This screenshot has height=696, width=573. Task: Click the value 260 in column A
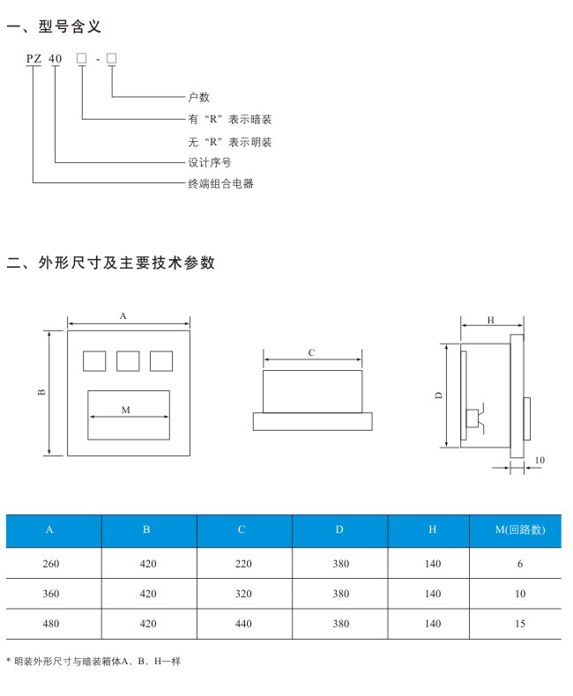[50, 564]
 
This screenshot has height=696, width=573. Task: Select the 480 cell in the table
[50, 624]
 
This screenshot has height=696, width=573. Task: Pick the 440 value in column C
[243, 624]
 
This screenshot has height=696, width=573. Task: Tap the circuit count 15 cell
[520, 624]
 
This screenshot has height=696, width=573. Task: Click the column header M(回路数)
[520, 529]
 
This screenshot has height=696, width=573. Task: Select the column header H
[432, 529]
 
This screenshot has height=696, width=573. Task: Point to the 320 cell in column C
[243, 594]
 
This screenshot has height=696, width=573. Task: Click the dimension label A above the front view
[123, 316]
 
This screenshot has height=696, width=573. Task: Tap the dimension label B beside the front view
[41, 392]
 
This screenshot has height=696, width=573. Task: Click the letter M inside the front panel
[126, 410]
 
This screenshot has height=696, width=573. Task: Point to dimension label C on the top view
[311, 352]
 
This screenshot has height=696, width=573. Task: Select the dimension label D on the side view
[439, 395]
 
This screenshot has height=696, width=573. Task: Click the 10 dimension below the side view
[540, 460]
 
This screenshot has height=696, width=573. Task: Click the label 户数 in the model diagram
[198, 97]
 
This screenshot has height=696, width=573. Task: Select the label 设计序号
[210, 162]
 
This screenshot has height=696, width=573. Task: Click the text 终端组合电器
[220, 183]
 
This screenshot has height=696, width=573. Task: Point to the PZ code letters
[33, 59]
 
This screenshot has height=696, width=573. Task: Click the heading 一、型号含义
[54, 26]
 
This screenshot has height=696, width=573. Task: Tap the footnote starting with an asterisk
[93, 662]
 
